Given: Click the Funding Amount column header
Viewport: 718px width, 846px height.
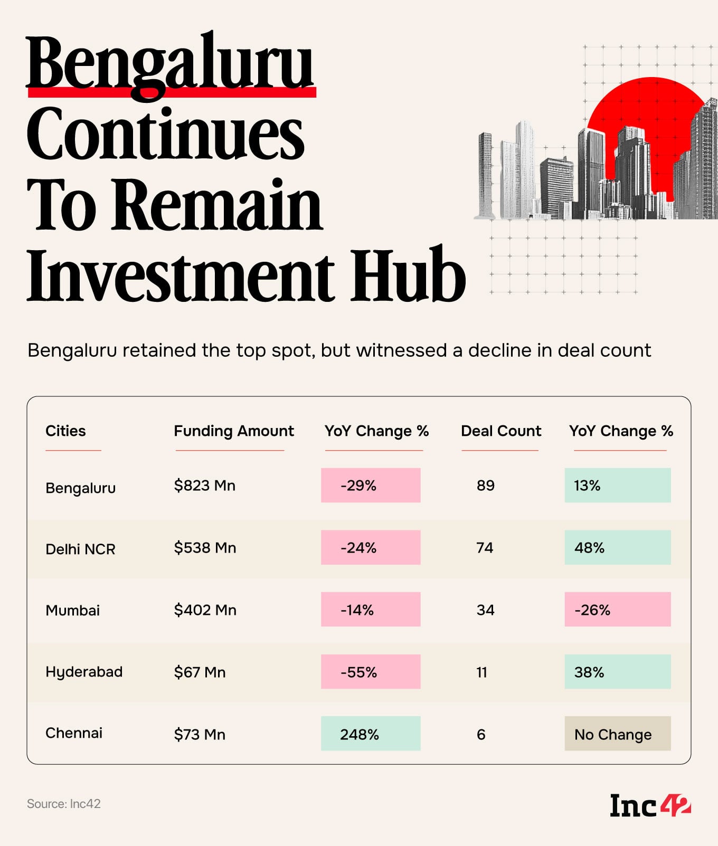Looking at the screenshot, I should click(x=233, y=431).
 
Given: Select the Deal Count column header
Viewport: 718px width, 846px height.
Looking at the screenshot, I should click(x=500, y=431).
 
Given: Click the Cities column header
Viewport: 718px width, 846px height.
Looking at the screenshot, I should click(x=65, y=431).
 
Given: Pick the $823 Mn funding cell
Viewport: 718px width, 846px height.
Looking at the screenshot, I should click(x=204, y=486).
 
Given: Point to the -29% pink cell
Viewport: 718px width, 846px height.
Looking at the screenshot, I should click(x=371, y=486).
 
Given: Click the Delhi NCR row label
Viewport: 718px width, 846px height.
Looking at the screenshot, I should click(x=80, y=549).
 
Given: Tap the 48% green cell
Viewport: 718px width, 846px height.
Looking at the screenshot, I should click(x=617, y=548).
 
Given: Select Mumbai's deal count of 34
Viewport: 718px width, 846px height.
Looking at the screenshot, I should click(x=485, y=610).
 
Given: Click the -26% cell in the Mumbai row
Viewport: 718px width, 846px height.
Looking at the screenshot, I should click(x=617, y=610).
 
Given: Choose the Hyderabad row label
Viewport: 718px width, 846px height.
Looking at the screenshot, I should click(x=84, y=672).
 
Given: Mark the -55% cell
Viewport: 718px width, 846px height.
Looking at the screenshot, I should click(x=371, y=672).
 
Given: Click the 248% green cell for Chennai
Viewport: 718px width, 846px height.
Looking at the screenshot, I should click(x=371, y=734).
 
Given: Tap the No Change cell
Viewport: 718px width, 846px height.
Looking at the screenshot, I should click(x=617, y=734).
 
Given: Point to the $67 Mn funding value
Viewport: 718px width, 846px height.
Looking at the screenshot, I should click(x=200, y=672).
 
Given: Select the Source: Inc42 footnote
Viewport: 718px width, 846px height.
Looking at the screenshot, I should click(x=64, y=804).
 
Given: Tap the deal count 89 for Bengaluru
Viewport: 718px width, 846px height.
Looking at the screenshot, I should click(x=485, y=486).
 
